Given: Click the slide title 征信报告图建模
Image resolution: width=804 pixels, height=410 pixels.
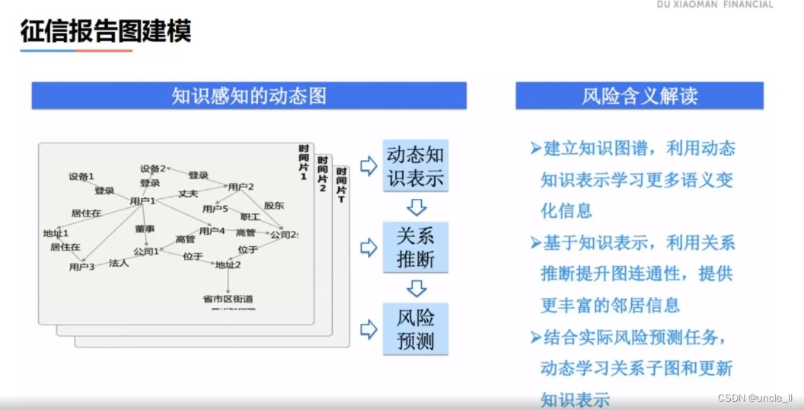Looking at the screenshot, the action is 105,31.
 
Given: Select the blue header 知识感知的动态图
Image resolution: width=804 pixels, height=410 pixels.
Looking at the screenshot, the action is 249,95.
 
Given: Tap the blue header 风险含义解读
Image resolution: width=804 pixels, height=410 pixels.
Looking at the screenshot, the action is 640,95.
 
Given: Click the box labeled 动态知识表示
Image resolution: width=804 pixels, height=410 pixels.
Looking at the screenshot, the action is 416,166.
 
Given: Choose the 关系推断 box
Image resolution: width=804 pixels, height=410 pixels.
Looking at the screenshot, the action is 416,247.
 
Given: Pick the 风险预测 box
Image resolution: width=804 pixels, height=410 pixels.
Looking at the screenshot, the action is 416,328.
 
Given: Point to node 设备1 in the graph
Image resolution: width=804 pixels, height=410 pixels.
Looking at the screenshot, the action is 81,177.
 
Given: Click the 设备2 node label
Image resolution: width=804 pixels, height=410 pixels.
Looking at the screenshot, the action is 152,168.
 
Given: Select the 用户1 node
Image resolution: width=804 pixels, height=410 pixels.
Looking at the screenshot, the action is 142,201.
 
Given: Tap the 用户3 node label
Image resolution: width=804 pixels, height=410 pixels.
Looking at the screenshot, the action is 81,267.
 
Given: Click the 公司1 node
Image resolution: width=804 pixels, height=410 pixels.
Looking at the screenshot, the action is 146,251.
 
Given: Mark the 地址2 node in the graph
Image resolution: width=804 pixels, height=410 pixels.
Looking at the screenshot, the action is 228,265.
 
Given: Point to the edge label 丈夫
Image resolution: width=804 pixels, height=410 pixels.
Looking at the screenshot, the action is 188,194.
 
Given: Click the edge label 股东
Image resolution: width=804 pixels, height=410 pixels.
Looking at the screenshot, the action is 274,205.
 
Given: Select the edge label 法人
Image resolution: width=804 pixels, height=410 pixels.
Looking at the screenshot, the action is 119,263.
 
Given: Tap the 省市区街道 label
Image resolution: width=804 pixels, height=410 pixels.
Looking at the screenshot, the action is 228,299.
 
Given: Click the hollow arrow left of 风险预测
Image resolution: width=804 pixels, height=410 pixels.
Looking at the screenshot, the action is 368,328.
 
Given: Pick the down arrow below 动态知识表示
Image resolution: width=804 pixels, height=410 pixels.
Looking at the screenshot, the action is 416,207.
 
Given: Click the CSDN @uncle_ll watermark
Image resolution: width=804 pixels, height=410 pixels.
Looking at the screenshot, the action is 755,398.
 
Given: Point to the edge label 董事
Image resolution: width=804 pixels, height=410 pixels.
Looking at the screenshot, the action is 145,228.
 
